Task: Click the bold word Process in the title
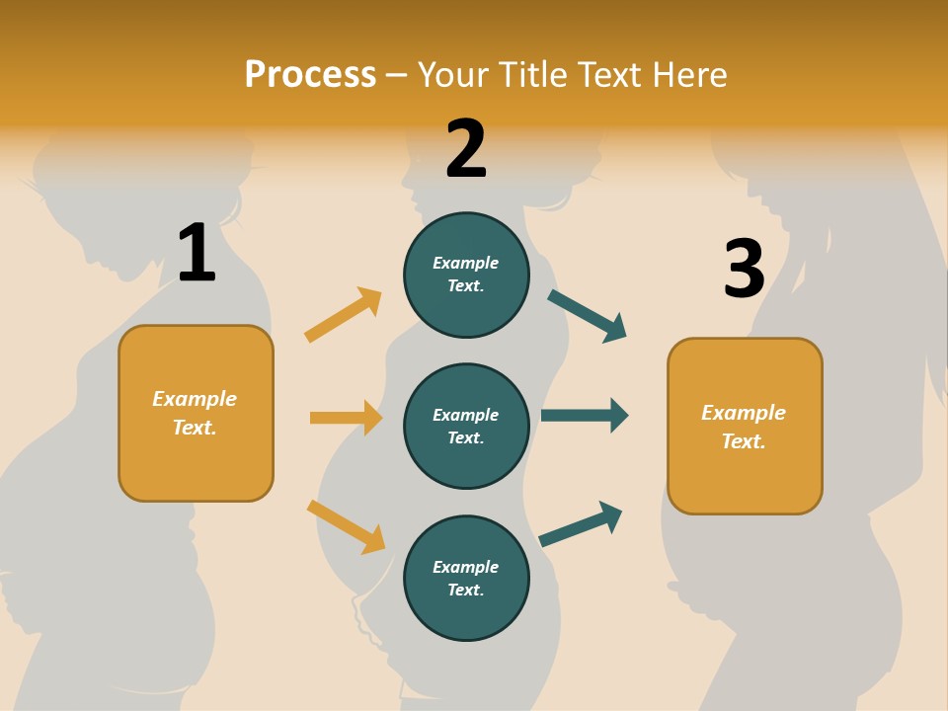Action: click(x=310, y=75)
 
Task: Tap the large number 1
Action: click(x=197, y=253)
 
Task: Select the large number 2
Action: click(x=466, y=149)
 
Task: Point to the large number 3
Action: click(x=744, y=269)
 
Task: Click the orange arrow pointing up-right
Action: click(x=343, y=315)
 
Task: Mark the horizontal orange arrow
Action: click(x=346, y=418)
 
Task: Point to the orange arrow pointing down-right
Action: click(x=346, y=525)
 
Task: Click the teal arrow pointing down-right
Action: click(x=588, y=315)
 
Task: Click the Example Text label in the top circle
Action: click(x=466, y=275)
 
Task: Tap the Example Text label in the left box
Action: click(x=195, y=413)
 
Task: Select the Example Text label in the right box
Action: click(x=744, y=427)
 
